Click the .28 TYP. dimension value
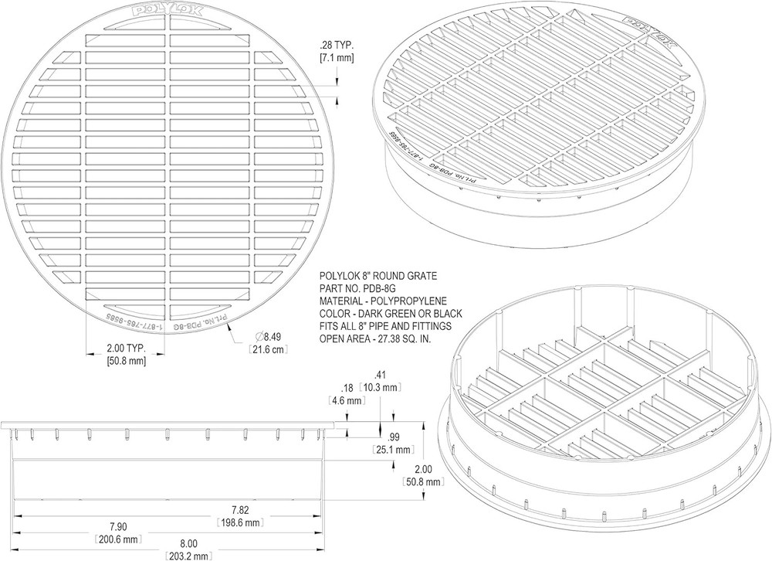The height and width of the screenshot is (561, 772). [x=335, y=44]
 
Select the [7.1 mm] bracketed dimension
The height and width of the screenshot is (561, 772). [x=337, y=58]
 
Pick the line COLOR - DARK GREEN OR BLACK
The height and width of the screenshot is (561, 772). [x=390, y=313]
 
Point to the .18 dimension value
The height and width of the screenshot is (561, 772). [x=346, y=388]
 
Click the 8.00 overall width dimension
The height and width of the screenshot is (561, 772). [x=188, y=542]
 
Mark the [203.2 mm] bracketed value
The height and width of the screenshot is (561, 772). [x=188, y=556]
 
